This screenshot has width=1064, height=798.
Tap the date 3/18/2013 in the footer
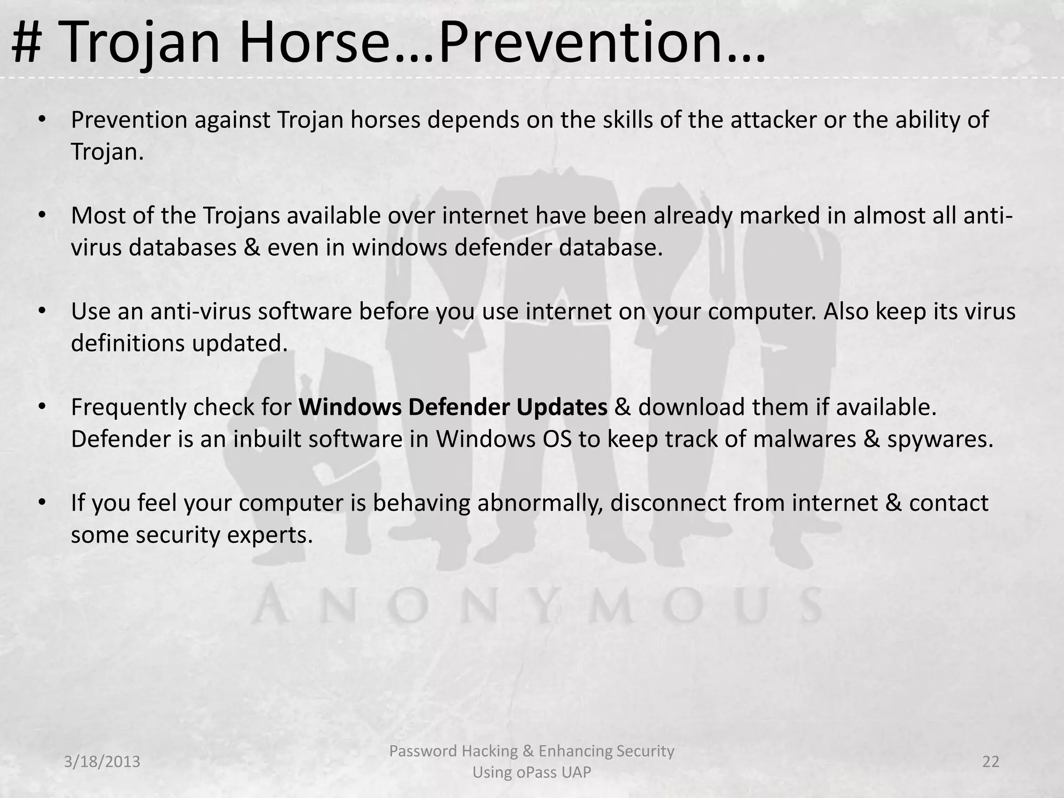tap(102, 762)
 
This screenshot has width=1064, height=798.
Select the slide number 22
tap(991, 762)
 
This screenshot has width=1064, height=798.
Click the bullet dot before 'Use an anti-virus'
tap(43, 312)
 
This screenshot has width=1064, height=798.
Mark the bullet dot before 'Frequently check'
tap(43, 407)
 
